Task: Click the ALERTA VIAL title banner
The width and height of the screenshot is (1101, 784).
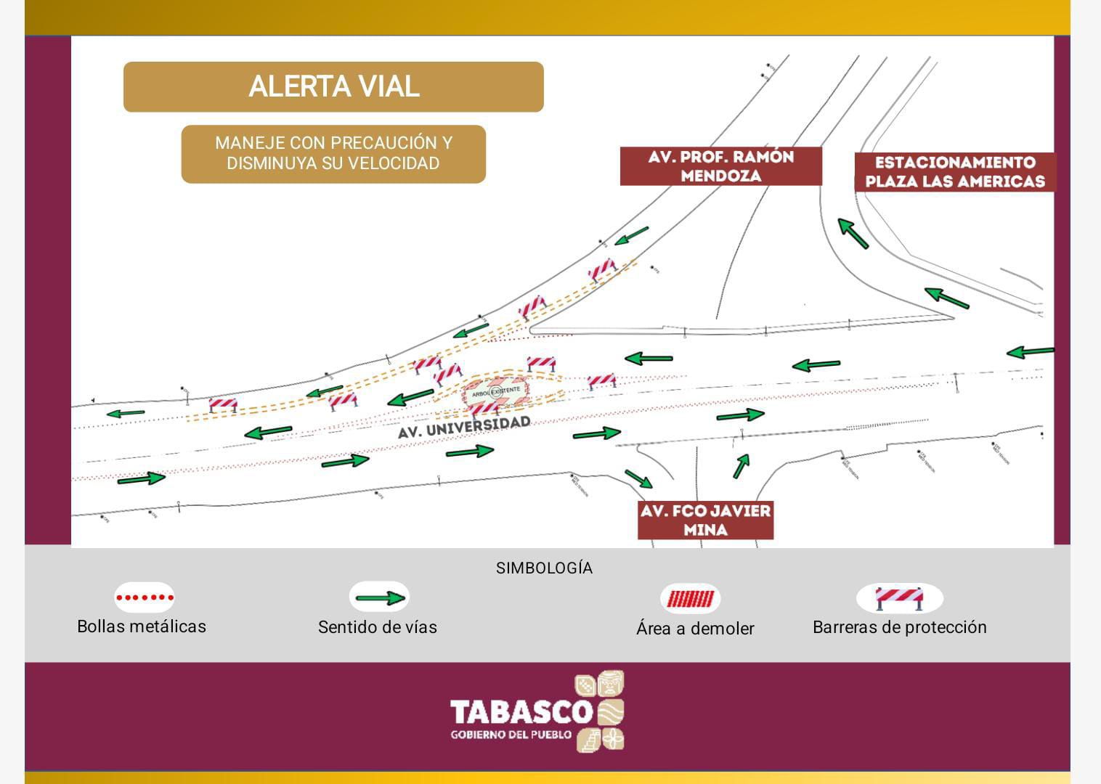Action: pos(333,87)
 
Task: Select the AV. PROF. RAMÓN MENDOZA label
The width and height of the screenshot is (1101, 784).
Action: pos(720,166)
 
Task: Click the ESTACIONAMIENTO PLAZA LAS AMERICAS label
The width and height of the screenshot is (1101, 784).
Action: pos(954,172)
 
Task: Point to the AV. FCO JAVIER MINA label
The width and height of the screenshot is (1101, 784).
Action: pos(705,520)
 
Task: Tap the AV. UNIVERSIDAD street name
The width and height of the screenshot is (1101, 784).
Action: pos(464,426)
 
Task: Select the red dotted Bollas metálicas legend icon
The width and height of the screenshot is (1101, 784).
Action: pos(145,598)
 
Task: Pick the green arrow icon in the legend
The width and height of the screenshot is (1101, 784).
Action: pos(379,598)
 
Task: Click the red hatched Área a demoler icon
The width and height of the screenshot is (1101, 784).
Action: pos(690,599)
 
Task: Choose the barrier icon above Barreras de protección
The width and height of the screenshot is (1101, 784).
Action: pos(899,598)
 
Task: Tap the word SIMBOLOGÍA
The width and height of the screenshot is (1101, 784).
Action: pos(544,568)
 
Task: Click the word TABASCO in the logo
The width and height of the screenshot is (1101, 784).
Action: pos(521,711)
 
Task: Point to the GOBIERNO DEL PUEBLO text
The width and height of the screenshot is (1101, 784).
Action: pos(511,735)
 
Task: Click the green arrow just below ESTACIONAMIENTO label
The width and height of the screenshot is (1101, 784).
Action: pos(854,233)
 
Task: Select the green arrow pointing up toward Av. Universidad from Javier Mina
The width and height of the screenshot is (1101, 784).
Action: pos(741,465)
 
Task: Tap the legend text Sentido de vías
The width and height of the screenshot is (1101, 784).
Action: pos(378,627)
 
